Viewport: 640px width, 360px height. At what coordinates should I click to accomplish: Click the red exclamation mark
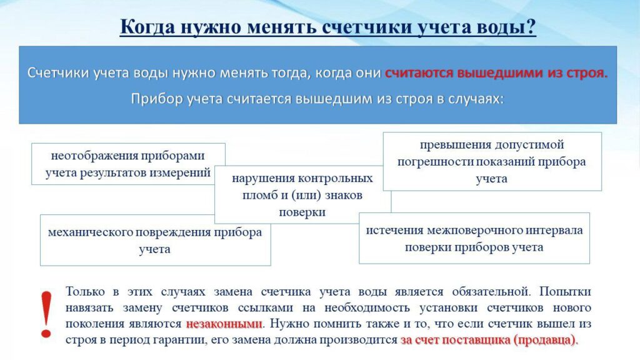click(46, 314)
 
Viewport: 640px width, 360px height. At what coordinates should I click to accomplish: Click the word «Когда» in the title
click(147, 27)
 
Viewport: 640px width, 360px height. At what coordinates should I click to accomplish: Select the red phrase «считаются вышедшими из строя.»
click(496, 72)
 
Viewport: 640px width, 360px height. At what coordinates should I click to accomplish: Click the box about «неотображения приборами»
click(128, 164)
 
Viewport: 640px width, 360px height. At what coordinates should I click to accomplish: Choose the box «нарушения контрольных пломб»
click(302, 195)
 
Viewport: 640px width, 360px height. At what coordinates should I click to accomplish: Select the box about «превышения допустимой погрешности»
click(492, 161)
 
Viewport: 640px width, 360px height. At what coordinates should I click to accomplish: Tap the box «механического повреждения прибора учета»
click(155, 241)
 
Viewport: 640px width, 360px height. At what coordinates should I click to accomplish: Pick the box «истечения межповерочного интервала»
click(474, 238)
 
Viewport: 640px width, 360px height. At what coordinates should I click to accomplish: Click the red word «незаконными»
click(224, 324)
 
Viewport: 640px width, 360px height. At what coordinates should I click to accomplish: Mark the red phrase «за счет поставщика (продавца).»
click(489, 340)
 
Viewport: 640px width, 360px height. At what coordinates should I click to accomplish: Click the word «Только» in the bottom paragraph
click(85, 291)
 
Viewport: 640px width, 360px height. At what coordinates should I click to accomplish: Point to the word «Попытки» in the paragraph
click(565, 291)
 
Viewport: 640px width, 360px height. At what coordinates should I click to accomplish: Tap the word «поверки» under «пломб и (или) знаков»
click(302, 212)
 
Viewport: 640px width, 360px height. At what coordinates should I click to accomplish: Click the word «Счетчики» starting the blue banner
click(58, 72)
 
